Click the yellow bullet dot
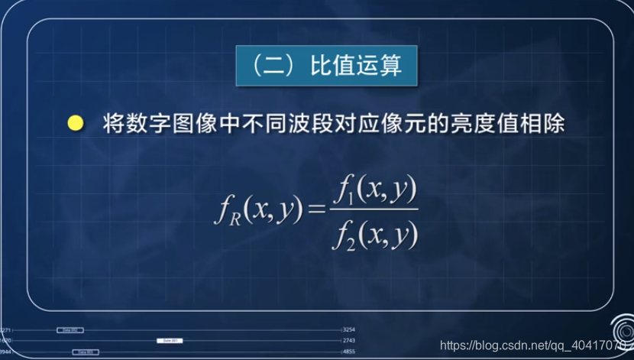click(x=75, y=124)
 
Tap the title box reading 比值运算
click(x=328, y=67)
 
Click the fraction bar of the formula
click(x=374, y=209)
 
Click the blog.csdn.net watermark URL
click(x=527, y=345)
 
